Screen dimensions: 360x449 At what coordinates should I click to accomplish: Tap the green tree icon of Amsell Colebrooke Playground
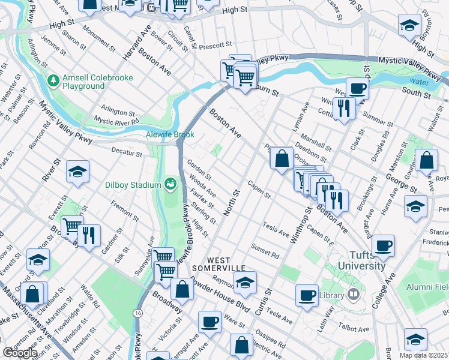tap(53, 79)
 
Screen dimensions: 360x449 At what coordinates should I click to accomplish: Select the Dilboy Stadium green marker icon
tap(170, 182)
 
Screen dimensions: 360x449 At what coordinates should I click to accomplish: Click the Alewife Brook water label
tap(170, 135)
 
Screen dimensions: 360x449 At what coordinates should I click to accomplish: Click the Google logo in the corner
tap(20, 353)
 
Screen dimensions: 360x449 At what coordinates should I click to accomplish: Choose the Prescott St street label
tap(215, 45)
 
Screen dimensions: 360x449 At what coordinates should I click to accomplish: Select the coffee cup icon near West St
tap(357, 88)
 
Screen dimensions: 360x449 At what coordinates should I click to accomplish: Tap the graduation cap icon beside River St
tap(77, 172)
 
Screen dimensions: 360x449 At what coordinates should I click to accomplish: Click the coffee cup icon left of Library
tap(307, 295)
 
